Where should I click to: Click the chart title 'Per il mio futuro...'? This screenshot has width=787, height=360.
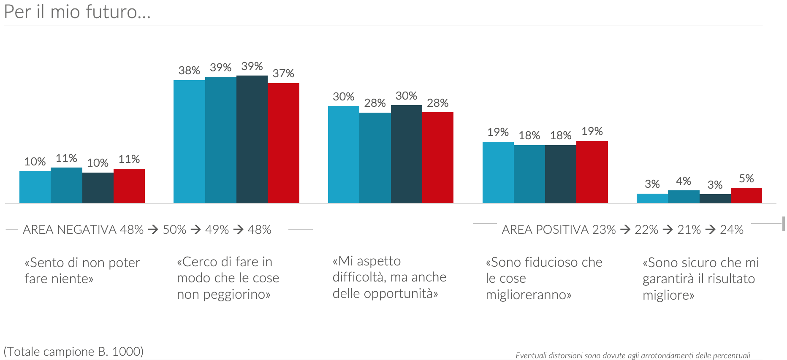pyautogui.click(x=77, y=12)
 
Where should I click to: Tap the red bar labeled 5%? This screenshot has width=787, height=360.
pyautogui.click(x=746, y=195)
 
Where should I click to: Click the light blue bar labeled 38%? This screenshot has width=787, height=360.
pyautogui.click(x=189, y=141)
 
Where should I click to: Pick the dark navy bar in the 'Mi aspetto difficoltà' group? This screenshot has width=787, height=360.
pyautogui.click(x=406, y=154)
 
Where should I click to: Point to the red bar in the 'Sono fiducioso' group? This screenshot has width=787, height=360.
pyautogui.click(x=592, y=172)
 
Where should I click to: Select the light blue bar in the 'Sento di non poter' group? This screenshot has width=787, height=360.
pyautogui.click(x=35, y=187)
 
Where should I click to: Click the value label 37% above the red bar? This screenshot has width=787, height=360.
pyautogui.click(x=283, y=73)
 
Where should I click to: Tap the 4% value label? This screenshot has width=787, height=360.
pyautogui.click(x=684, y=181)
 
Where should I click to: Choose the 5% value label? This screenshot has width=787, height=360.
pyautogui.click(x=746, y=179)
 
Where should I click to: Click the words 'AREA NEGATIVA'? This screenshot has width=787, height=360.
pyautogui.click(x=70, y=230)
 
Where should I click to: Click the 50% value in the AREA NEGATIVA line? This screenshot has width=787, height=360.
pyautogui.click(x=174, y=230)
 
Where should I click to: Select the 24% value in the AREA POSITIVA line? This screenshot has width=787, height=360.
pyautogui.click(x=731, y=230)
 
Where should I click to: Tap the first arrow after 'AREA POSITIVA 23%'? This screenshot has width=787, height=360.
pyautogui.click(x=625, y=230)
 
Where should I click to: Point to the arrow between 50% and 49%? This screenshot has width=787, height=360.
pyautogui.click(x=195, y=230)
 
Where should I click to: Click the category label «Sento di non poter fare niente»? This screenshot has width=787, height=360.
pyautogui.click(x=82, y=271)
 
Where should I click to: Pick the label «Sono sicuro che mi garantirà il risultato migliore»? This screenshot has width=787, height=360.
pyautogui.click(x=700, y=279)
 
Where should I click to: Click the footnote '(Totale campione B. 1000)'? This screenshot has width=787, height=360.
pyautogui.click(x=73, y=352)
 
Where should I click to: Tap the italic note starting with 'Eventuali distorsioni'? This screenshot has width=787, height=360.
pyautogui.click(x=632, y=355)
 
